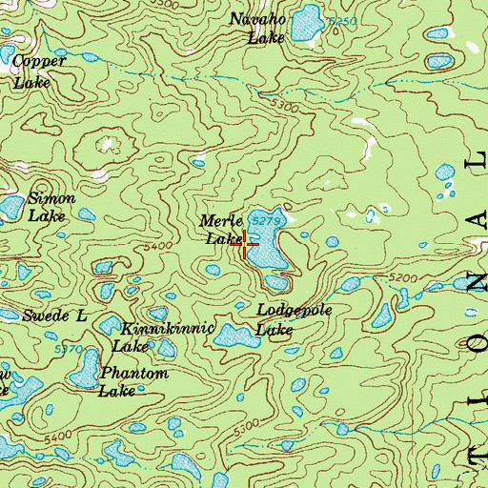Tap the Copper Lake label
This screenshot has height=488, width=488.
tap(39, 71)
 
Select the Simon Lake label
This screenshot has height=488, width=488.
tap(46, 207)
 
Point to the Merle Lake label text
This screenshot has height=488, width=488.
tap(220, 230)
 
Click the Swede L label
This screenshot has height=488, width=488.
tap(54, 315)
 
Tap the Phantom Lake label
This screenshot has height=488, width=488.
tap(133, 382)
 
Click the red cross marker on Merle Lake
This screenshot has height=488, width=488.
tap(247, 245)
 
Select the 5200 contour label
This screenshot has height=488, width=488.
tap(404, 277)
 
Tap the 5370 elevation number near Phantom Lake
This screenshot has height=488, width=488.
tap(68, 350)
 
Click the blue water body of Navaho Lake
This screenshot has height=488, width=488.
tap(305, 23)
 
